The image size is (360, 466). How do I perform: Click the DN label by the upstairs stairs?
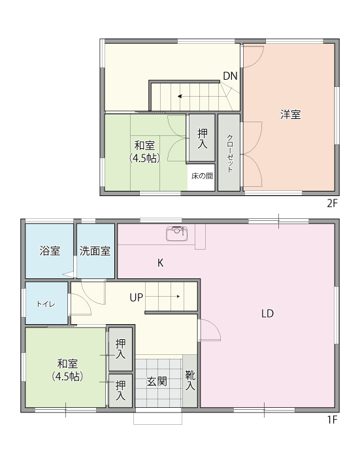pos(230,76)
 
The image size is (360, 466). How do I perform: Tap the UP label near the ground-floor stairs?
pos(137,297)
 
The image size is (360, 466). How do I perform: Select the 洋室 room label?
pos(291,115)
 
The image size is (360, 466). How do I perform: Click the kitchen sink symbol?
pos(176,233)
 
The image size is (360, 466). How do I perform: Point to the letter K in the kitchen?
pos(160,263)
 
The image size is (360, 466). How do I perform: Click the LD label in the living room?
pos(267,314)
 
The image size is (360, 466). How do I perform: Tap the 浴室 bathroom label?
pos(50,251)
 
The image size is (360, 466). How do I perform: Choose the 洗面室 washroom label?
pos(95,251)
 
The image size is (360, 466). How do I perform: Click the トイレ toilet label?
pos(46,304)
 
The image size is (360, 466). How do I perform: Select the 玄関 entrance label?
pos(157,382)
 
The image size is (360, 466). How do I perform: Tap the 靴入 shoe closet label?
pos(190,380)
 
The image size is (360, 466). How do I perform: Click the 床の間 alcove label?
pos(202,176)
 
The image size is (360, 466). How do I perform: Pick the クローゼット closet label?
pos(230,154)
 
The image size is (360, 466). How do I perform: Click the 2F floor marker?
pos(333,203)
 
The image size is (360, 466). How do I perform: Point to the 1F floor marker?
pos(333,420)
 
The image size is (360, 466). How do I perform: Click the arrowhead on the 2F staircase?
pos(180,96)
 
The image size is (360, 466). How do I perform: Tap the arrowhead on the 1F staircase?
pos(178,296)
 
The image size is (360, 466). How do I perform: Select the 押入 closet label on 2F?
pos(203,139)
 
